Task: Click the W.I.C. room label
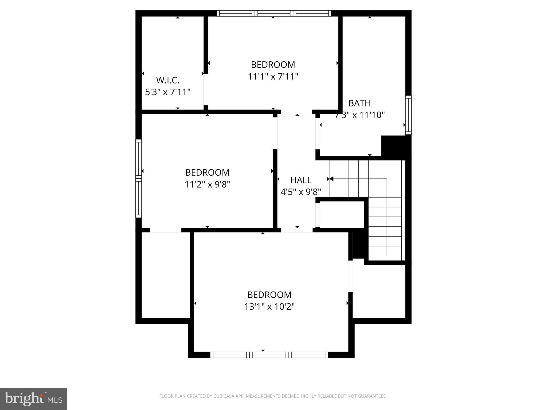point(167,80)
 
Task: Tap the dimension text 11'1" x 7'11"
point(273,77)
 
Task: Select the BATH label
point(359,103)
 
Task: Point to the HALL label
point(301,180)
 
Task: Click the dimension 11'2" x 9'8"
point(207,184)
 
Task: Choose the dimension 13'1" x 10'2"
point(269,307)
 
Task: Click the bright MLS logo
point(33,399)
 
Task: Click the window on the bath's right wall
point(408,115)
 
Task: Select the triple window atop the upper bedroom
point(274,13)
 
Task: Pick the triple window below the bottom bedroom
point(269,355)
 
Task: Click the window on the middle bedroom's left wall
point(138,178)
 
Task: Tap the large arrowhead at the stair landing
point(331,179)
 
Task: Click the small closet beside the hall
point(342,215)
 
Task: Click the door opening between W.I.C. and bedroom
point(206,90)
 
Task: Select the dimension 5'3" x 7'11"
point(167,92)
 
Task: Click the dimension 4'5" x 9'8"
point(301,192)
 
